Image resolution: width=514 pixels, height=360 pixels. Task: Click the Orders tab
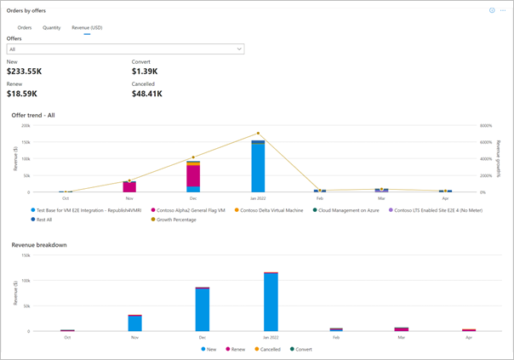click(x=25, y=28)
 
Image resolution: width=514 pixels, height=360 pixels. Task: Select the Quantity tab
click(x=52, y=28)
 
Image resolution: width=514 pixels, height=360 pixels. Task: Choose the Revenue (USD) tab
click(x=87, y=28)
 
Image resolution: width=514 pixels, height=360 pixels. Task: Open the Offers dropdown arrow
click(x=239, y=49)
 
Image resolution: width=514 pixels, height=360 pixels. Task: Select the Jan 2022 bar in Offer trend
click(x=258, y=166)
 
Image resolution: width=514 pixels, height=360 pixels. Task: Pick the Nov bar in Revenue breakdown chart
click(x=135, y=323)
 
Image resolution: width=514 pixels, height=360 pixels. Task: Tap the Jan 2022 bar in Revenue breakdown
click(x=271, y=302)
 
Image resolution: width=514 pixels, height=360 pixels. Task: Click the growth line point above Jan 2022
click(x=258, y=134)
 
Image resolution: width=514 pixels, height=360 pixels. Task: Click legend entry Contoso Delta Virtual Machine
click(x=271, y=209)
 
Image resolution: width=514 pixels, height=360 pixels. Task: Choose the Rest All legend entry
click(x=43, y=220)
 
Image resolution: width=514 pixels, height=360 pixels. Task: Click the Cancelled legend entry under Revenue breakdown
click(x=271, y=349)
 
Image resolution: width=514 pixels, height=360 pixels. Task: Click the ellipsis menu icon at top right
click(x=503, y=10)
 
